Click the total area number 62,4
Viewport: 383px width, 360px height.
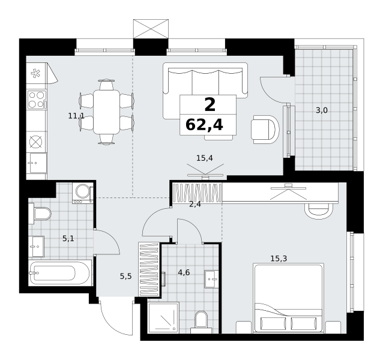tap(204, 125)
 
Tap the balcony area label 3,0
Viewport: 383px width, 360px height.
tap(321, 110)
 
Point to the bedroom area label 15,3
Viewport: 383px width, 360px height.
tap(279, 258)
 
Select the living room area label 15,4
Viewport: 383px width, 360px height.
tap(205, 158)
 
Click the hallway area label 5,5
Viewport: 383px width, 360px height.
tap(126, 276)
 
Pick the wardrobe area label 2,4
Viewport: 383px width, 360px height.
tap(195, 204)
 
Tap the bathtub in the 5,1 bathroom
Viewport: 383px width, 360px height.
tap(59, 273)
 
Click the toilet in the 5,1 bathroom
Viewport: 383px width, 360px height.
tap(40, 214)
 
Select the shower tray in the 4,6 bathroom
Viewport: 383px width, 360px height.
tap(163, 318)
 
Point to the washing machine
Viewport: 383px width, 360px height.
tap(83, 193)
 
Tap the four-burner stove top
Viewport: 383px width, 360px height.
tap(37, 100)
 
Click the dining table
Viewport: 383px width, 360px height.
tap(106, 112)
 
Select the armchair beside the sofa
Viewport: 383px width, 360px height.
tap(265, 130)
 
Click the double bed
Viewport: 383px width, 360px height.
tap(289, 298)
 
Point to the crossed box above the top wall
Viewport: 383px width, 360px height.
tap(151, 29)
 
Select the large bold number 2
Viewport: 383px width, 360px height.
tap(210, 104)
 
